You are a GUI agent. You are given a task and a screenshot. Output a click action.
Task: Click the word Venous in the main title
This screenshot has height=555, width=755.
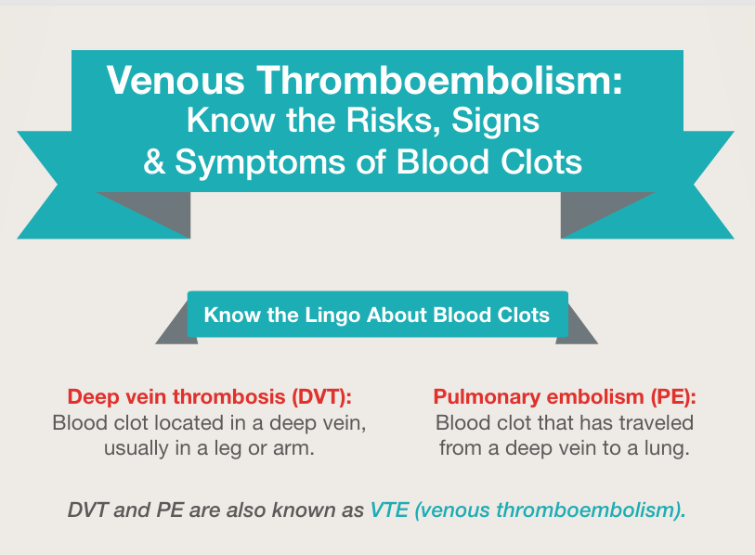click(176, 80)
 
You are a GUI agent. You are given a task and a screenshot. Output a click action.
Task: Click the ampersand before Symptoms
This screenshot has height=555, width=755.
click(154, 161)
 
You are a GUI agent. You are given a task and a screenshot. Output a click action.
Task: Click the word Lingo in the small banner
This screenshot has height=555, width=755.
click(332, 316)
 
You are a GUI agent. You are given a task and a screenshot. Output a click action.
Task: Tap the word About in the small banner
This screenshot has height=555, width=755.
click(397, 315)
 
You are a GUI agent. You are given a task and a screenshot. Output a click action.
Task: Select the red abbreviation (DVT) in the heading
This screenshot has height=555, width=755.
click(321, 397)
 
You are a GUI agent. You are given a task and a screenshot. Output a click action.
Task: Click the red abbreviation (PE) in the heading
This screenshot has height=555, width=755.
click(673, 397)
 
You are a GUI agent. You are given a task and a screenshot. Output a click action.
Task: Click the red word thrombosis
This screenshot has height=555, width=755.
click(229, 397)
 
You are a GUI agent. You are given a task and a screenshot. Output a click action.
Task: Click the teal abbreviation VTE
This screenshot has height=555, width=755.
click(389, 510)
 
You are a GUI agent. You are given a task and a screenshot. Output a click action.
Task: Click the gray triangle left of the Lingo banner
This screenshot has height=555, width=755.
click(178, 329)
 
